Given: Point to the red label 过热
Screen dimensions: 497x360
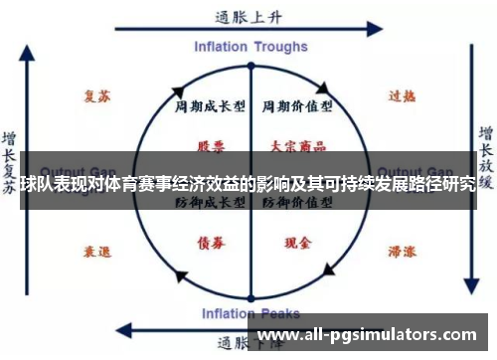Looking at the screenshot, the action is (401, 97).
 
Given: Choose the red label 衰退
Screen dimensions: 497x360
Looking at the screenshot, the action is (97, 251).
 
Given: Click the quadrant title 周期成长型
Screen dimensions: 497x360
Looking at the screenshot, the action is (210, 104).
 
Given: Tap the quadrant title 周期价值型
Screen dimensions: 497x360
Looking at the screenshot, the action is (296, 104).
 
